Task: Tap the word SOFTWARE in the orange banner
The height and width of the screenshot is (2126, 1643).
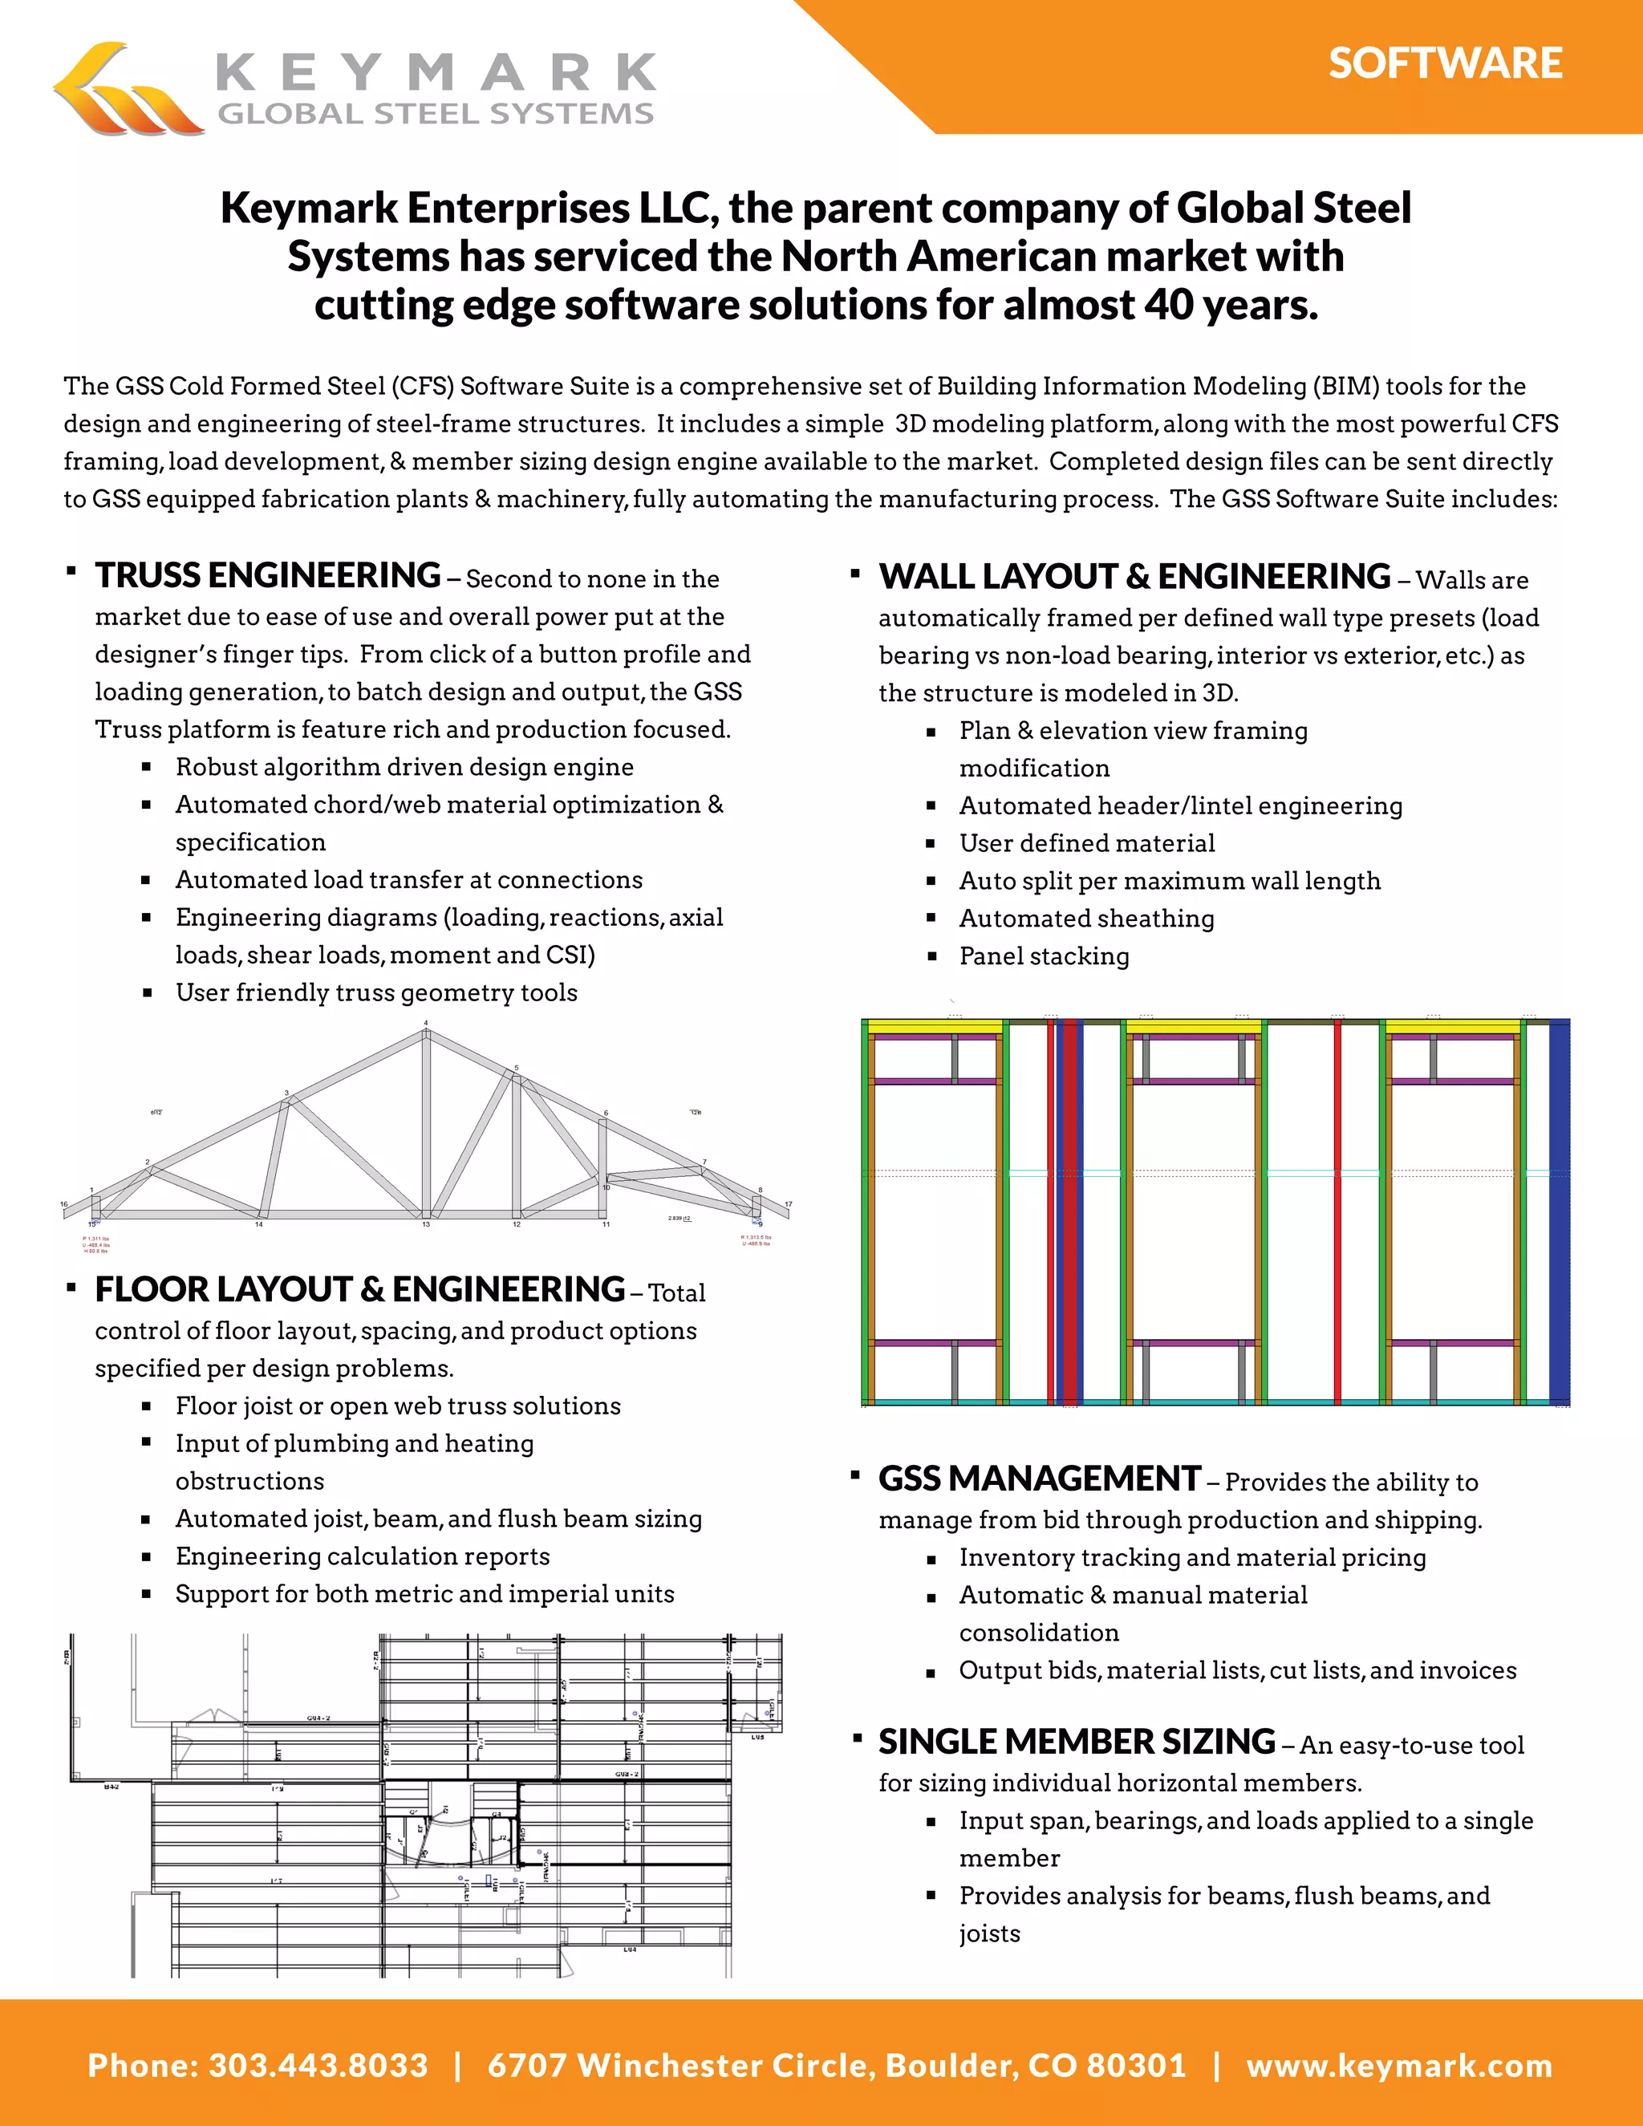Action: coord(1444,63)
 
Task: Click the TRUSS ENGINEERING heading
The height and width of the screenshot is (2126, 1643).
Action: coord(268,575)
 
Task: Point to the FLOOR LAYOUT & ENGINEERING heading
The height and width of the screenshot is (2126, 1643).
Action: coord(359,1289)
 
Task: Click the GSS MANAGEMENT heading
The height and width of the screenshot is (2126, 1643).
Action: coord(1039,1478)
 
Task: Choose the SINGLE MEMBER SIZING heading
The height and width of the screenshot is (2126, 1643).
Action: coord(1076,1741)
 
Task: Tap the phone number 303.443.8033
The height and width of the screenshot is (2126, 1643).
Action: coord(318,2065)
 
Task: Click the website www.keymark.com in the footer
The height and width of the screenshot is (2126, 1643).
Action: coord(1398,2065)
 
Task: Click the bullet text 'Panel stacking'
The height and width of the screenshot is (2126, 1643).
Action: coord(1044,956)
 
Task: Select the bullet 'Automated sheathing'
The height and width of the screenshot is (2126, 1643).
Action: coord(1086,918)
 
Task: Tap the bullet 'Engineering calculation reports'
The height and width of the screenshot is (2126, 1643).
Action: coord(362,1556)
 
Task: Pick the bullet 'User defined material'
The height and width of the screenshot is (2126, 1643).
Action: coord(1086,843)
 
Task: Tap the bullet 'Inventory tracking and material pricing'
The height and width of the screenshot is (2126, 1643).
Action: coord(1192,1557)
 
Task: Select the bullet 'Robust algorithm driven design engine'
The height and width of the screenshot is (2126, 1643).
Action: coord(404,767)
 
